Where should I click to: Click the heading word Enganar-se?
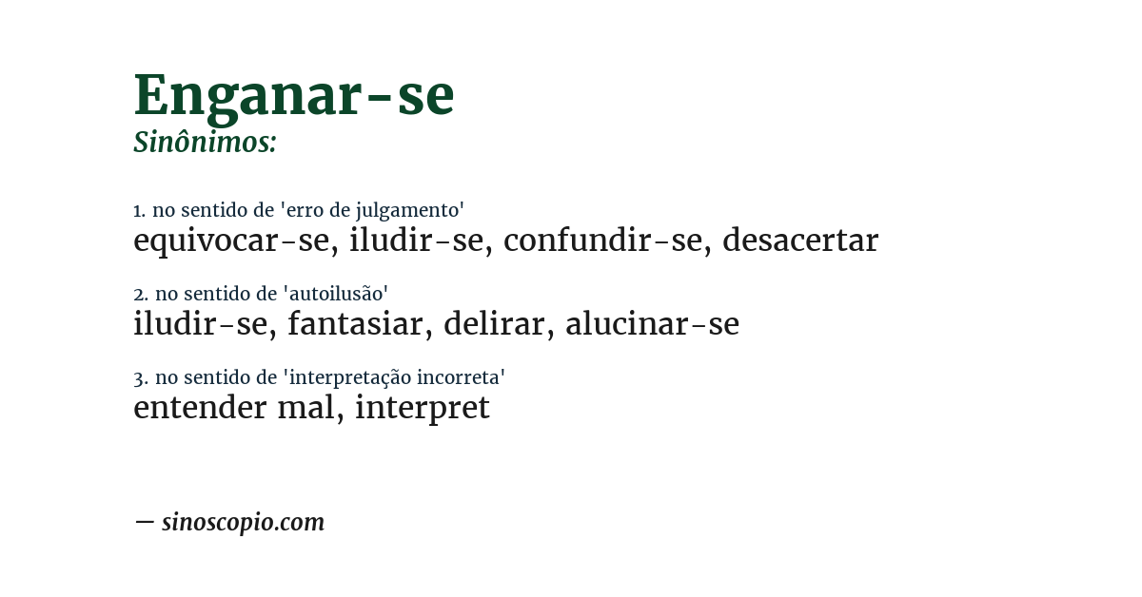[x=293, y=95]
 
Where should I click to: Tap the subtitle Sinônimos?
[x=205, y=143]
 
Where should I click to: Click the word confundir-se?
[x=602, y=241]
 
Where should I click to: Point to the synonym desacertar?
[x=799, y=241]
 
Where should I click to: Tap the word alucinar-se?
[x=652, y=324]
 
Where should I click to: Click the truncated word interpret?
[x=422, y=408]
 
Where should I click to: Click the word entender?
[x=200, y=408]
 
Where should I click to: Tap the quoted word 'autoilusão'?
[x=336, y=294]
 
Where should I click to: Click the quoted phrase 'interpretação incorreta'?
[x=394, y=377]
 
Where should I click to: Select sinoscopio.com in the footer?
[x=243, y=522]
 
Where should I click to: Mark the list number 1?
[x=138, y=210]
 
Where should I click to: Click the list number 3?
[x=139, y=377]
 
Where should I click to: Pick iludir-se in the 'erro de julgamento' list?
[x=416, y=241]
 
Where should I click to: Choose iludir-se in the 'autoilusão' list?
[x=200, y=324]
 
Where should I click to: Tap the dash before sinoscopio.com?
[x=144, y=522]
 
